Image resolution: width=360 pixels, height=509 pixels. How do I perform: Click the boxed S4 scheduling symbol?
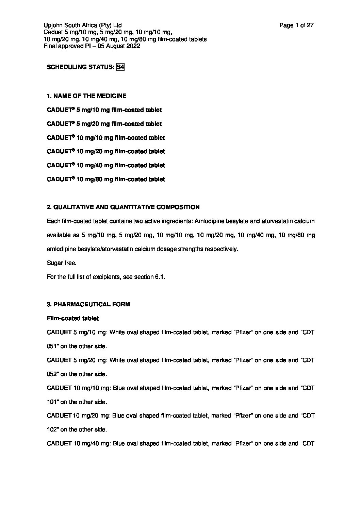120,67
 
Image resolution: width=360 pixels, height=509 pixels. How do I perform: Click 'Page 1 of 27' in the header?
296,25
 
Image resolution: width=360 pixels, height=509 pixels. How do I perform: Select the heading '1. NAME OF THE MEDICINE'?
86,96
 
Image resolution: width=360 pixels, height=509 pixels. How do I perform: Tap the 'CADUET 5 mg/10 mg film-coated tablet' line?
104,110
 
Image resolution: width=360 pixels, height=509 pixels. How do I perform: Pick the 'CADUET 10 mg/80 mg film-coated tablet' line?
106,179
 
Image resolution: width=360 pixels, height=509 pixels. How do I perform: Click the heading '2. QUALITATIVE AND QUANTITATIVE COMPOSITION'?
123,207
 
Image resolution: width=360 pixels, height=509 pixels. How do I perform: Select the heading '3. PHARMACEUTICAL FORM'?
88,304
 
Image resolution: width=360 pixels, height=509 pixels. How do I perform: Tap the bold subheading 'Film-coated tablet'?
72,318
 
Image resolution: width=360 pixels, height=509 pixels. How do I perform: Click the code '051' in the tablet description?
51,346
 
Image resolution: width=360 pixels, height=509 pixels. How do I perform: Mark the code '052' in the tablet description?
51,374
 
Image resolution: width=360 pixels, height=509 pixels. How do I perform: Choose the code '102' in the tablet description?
51,429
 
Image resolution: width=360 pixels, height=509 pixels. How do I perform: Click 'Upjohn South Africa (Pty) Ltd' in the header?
83,25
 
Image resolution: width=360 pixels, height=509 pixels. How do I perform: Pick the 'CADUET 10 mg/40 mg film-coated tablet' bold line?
106,165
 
